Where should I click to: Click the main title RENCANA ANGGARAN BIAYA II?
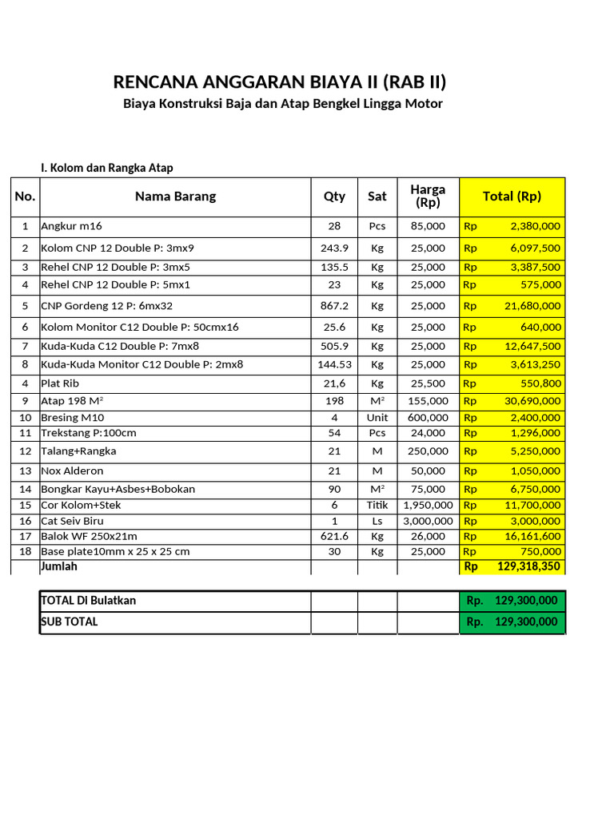[x=279, y=81]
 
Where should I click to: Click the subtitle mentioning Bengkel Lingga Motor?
[x=282, y=104]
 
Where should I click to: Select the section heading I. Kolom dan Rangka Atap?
[x=107, y=168]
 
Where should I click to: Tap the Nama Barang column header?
[x=175, y=197]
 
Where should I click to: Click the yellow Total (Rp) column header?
[x=512, y=197]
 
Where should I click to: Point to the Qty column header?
[x=334, y=197]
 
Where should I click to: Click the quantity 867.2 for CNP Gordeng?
[x=334, y=306]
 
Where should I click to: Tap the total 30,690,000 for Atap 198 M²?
[x=530, y=401]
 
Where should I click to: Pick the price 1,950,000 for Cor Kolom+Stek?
[x=428, y=505]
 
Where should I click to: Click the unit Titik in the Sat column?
[x=377, y=505]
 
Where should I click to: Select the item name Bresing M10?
[x=73, y=417]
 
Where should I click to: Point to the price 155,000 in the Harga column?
[x=428, y=401]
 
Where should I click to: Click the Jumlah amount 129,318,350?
[x=528, y=566]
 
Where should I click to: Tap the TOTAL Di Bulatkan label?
[x=88, y=601]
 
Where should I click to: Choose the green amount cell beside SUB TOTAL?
[x=512, y=622]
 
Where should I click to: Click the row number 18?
[x=25, y=551]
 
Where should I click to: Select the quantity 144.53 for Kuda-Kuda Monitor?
[x=334, y=364]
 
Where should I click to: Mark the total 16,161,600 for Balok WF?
[x=530, y=536]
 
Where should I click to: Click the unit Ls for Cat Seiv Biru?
[x=377, y=521]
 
